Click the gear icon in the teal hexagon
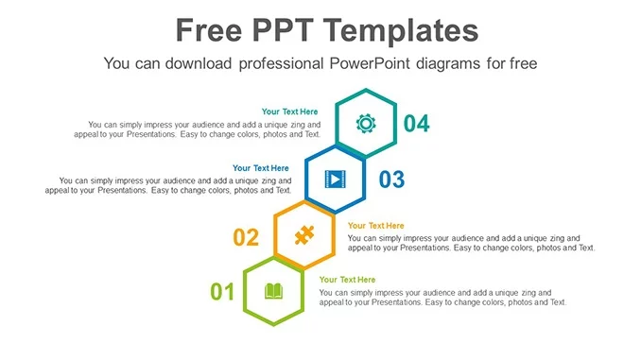366,122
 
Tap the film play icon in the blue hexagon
335,178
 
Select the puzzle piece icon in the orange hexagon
303,234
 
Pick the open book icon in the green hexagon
273,291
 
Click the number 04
416,123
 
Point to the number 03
391,179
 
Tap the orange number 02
246,237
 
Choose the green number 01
222,292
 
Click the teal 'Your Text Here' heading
290,111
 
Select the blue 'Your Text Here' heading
261,168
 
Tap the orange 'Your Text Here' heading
375,226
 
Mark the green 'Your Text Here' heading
347,280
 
